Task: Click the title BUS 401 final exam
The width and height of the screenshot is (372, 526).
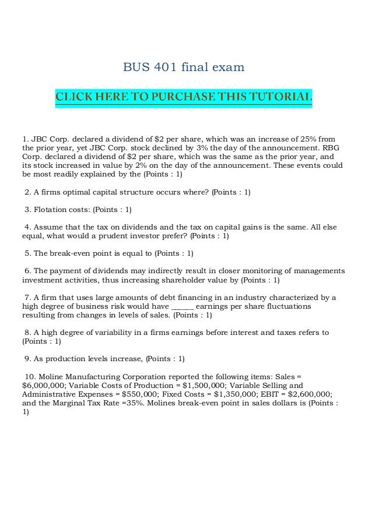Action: (184, 68)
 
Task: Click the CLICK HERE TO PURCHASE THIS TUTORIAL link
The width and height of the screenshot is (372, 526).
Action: (184, 96)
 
